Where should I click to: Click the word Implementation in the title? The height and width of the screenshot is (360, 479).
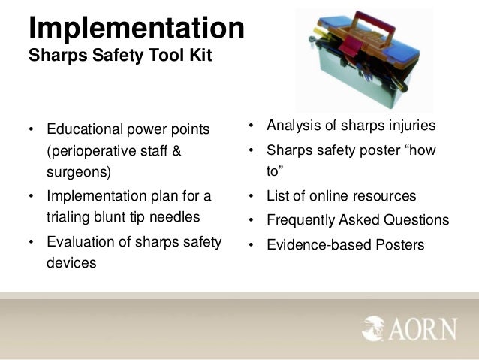click(x=136, y=29)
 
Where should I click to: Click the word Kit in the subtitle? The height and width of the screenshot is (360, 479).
click(x=200, y=56)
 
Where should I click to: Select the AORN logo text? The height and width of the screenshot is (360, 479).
click(x=425, y=329)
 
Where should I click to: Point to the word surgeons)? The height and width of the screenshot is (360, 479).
click(x=78, y=171)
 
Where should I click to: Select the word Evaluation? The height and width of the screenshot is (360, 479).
click(x=81, y=241)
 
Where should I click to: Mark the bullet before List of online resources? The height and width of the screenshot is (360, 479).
click(x=253, y=196)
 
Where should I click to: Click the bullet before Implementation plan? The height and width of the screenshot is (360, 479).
click(x=32, y=196)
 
